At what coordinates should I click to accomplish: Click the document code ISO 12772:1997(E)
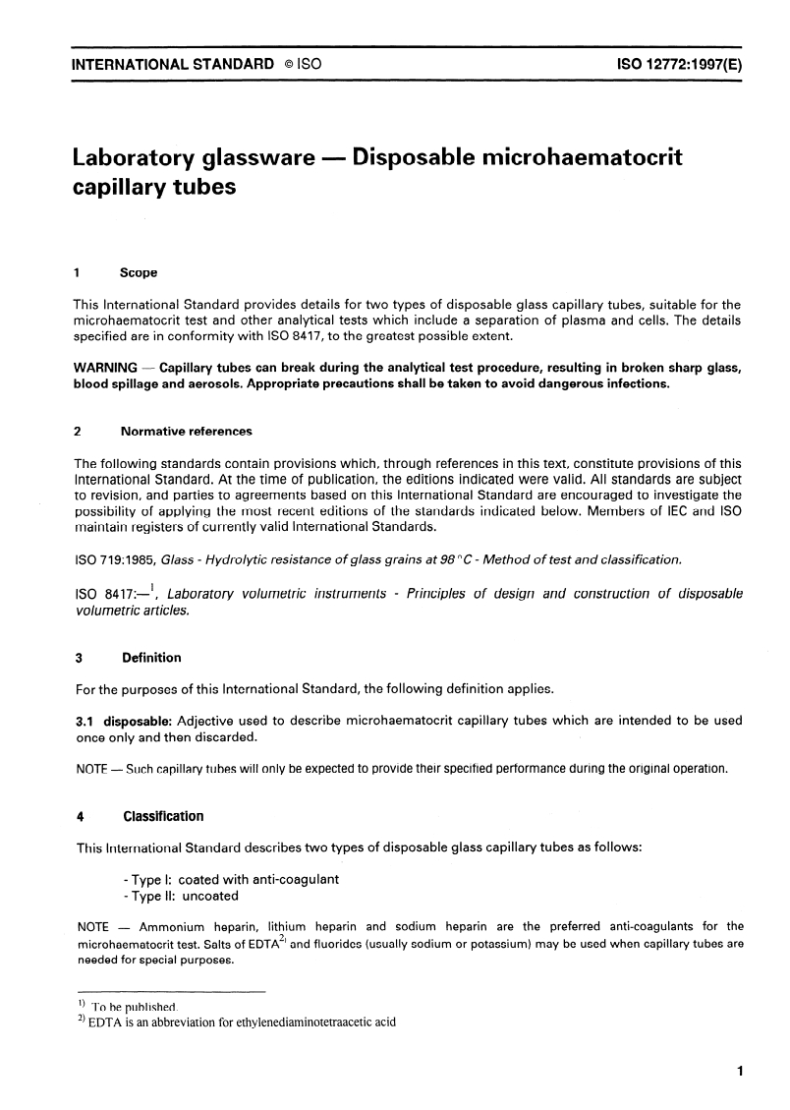678,65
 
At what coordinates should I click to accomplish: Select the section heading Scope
139,271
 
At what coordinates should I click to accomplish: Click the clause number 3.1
86,721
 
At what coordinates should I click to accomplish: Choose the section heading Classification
162,816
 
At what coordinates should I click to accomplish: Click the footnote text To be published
134,1007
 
